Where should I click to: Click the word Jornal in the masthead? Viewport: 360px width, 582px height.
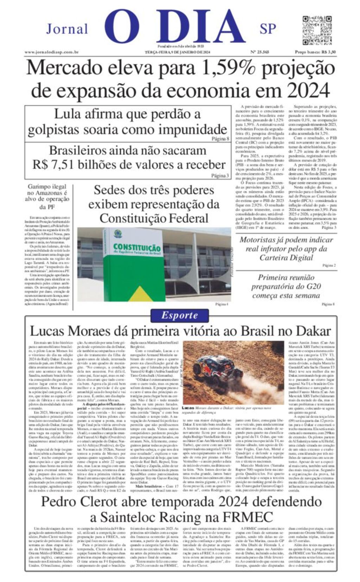tap(67, 29)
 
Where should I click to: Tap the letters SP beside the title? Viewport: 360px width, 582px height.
tap(268, 29)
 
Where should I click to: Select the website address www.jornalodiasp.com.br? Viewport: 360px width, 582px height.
tap(51, 52)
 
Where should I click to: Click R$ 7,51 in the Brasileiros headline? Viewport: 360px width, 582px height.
tap(53, 164)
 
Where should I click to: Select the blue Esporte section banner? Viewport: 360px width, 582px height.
tap(180, 315)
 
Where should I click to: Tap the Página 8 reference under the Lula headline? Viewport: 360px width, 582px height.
tap(220, 139)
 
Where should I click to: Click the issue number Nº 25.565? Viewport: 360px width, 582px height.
tap(260, 52)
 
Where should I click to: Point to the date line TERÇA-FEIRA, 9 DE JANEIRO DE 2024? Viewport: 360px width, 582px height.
tap(178, 52)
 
